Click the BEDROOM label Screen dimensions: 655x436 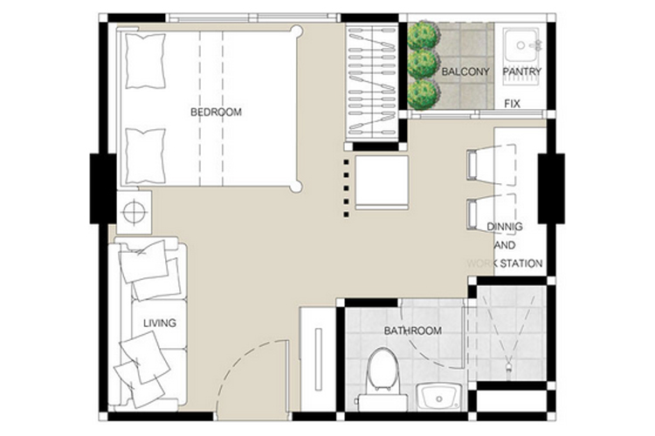coord(216,112)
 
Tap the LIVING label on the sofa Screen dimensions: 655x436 coord(160,323)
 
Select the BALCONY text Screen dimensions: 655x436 coord(465,72)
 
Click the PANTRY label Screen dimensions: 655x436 coord(521,72)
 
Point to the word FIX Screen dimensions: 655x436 coord(512,104)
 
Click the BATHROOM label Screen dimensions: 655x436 coord(413,330)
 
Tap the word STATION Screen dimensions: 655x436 coord(521,263)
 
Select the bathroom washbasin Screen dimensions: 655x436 coord(438,397)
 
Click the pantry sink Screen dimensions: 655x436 coord(521,46)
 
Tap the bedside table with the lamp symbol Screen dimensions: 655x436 coord(134,213)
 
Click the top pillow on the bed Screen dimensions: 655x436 coord(145,61)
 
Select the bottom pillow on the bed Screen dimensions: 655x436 coord(145,156)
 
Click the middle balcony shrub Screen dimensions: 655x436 coord(424,65)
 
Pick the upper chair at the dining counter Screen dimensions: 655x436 coord(492,165)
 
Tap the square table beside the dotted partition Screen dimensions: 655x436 coord(382,183)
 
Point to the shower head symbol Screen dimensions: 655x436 coord(509,367)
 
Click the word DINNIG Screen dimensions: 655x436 coord(505,227)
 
